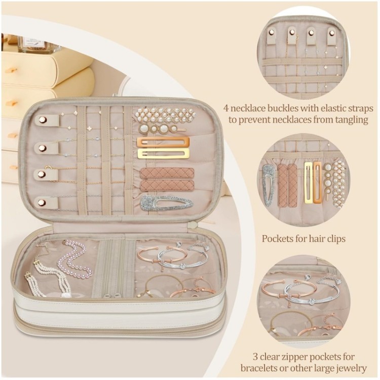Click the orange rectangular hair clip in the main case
163,142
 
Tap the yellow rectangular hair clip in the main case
163,154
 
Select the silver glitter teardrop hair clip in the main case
167,203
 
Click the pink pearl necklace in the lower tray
73,259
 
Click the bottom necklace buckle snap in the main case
42,202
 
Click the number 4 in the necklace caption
226,108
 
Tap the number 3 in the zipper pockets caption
255,357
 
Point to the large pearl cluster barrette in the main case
164,115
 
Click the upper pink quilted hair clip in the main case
167,173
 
